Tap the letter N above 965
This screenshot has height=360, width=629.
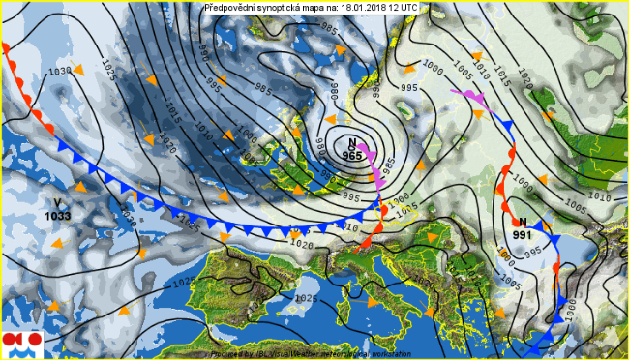coord(352,141)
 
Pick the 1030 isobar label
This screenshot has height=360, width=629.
coord(60,72)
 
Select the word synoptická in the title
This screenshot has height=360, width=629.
coord(289,8)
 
